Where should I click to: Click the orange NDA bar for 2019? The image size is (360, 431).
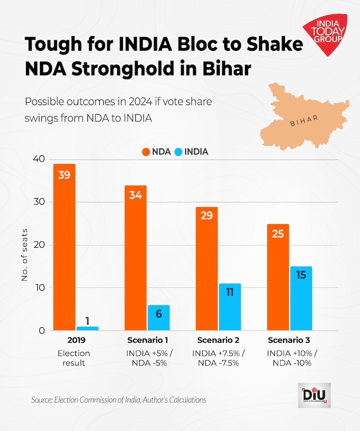[x=64, y=247]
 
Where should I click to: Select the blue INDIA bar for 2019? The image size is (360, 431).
[x=87, y=329]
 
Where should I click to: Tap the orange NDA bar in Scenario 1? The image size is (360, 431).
[x=135, y=258]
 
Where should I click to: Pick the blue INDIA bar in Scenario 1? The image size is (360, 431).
[x=158, y=318]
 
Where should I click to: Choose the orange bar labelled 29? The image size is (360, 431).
[x=206, y=269]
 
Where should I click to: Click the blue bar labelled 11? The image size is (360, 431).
[x=229, y=307]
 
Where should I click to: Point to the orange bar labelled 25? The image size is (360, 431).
[x=278, y=277]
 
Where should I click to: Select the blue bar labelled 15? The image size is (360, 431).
[x=301, y=299]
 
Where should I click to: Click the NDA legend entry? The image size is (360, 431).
[x=157, y=152]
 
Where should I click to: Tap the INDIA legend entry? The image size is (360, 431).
[x=192, y=152]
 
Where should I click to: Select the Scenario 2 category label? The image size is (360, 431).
[x=218, y=340]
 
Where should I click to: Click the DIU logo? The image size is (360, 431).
[x=314, y=395]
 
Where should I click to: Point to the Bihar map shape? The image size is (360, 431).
[x=302, y=115]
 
